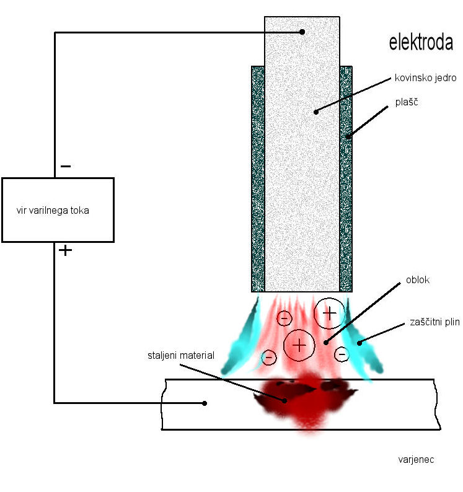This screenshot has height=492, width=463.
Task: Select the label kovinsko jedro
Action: [x=425, y=78]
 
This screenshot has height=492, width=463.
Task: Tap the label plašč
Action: [x=407, y=102]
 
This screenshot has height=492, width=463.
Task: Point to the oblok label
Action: [x=418, y=280]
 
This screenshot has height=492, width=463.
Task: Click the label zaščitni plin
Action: [x=434, y=322]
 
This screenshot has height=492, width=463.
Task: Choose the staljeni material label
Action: [x=181, y=355]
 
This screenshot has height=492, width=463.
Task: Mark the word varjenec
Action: [x=415, y=460]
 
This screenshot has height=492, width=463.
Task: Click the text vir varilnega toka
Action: [x=53, y=210]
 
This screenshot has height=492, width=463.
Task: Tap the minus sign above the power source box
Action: [x=66, y=166]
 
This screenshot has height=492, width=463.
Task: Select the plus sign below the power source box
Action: [x=65, y=250]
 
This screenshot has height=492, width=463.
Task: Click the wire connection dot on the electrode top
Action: [x=302, y=32]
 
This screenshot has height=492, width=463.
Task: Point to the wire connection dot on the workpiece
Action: [x=205, y=403]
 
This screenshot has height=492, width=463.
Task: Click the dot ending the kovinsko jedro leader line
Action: [x=316, y=112]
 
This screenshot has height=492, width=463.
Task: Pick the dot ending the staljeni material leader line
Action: [x=285, y=400]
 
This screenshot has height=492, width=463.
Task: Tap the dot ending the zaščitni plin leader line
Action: [x=359, y=341]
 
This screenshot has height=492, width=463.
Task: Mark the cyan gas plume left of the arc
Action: [x=243, y=338]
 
